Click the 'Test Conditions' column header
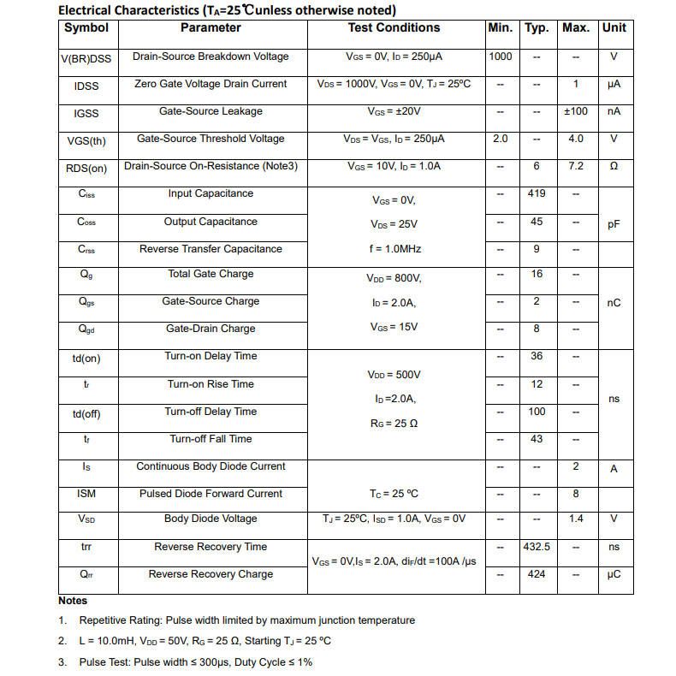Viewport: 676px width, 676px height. pyautogui.click(x=394, y=27)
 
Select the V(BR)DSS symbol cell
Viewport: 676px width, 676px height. pyautogui.click(x=86, y=57)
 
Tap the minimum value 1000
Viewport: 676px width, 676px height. pyautogui.click(x=501, y=56)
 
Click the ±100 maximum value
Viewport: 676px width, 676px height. pyautogui.click(x=576, y=111)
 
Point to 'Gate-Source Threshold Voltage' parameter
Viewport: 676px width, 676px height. pyautogui.click(x=211, y=139)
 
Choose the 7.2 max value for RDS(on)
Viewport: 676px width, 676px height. pyautogui.click(x=576, y=166)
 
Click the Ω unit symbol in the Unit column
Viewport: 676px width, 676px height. pyautogui.click(x=614, y=166)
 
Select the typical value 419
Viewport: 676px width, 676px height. pyautogui.click(x=537, y=193)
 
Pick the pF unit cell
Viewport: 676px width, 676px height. pyautogui.click(x=614, y=224)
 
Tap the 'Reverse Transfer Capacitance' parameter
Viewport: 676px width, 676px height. pyautogui.click(x=211, y=249)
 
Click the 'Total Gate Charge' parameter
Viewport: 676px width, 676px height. pyautogui.click(x=211, y=274)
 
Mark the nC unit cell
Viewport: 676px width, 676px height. pyautogui.click(x=614, y=303)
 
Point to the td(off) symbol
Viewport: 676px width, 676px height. pyautogui.click(x=86, y=414)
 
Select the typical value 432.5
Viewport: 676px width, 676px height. pyautogui.click(x=537, y=547)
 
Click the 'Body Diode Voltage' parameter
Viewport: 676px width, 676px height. pyautogui.click(x=211, y=519)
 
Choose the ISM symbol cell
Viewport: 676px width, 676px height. pyautogui.click(x=86, y=494)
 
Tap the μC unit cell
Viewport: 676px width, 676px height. pyautogui.click(x=614, y=574)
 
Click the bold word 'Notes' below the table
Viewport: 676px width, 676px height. pyautogui.click(x=73, y=601)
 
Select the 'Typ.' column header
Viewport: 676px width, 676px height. pyautogui.click(x=537, y=27)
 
